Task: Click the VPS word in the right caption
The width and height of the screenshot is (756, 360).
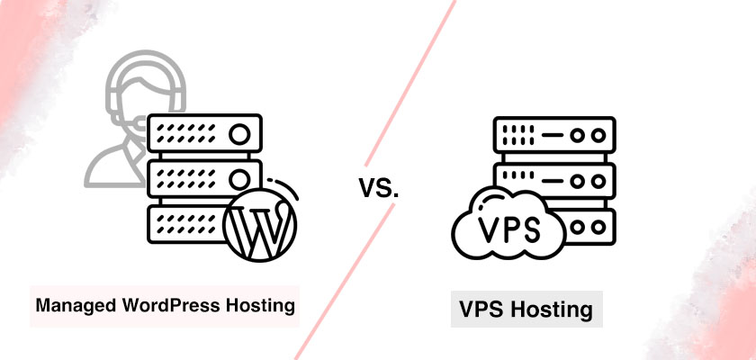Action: (x=483, y=310)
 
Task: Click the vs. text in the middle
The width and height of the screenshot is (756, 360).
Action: (x=379, y=188)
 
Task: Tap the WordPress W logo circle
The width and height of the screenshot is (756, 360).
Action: (x=260, y=225)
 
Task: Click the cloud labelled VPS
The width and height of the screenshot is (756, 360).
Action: (x=508, y=223)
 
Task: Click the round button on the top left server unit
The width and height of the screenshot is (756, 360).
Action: (x=239, y=133)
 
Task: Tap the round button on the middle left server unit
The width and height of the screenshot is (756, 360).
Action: (x=239, y=179)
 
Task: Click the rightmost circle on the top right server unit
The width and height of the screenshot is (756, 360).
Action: (x=598, y=135)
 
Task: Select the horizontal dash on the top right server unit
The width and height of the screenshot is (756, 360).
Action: (x=552, y=135)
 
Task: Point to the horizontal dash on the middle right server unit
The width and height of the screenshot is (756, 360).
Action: (x=552, y=181)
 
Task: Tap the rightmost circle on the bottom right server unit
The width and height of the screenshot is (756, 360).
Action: (x=598, y=227)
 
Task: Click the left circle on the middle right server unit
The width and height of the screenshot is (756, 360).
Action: (x=577, y=181)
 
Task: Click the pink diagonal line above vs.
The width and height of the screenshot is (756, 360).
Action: (x=410, y=83)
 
